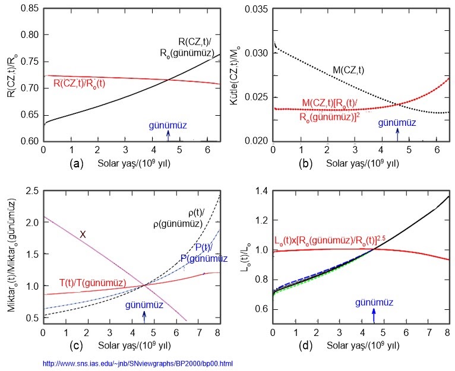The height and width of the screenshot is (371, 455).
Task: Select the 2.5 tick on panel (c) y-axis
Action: click(30, 190)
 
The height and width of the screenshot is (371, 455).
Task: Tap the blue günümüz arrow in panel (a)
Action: click(168, 135)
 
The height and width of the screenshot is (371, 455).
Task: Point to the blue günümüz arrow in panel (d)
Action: click(374, 313)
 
